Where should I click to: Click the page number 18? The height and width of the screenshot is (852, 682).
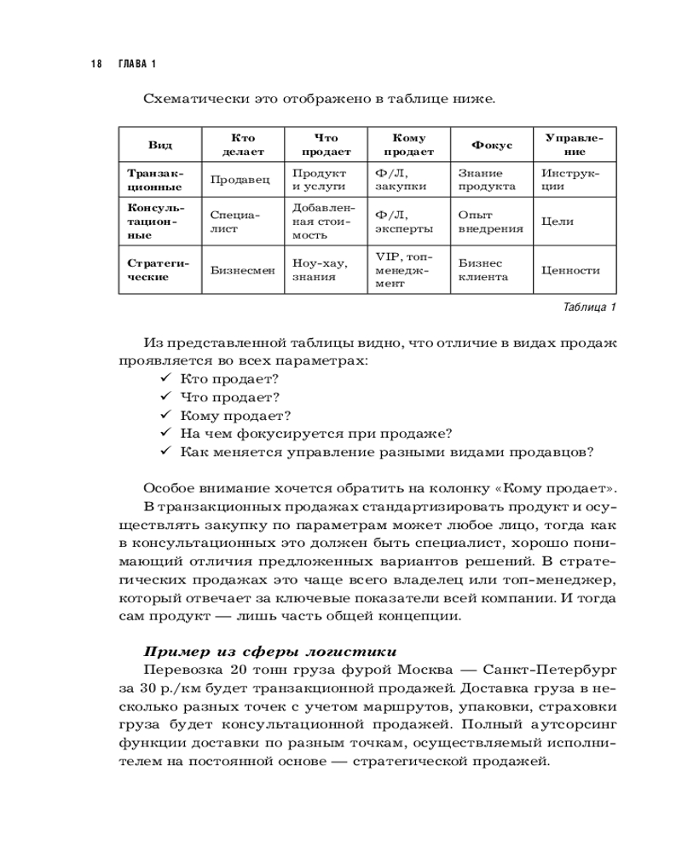pyautogui.click(x=95, y=65)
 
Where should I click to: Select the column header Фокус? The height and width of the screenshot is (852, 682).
pyautogui.click(x=491, y=145)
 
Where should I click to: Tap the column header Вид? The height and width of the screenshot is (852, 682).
pyautogui.click(x=159, y=145)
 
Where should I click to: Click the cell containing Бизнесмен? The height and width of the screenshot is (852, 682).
pyautogui.click(x=242, y=270)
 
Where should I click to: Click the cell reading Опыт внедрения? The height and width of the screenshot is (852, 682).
pyautogui.click(x=490, y=222)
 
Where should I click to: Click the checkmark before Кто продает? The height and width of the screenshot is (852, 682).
pyautogui.click(x=165, y=377)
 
